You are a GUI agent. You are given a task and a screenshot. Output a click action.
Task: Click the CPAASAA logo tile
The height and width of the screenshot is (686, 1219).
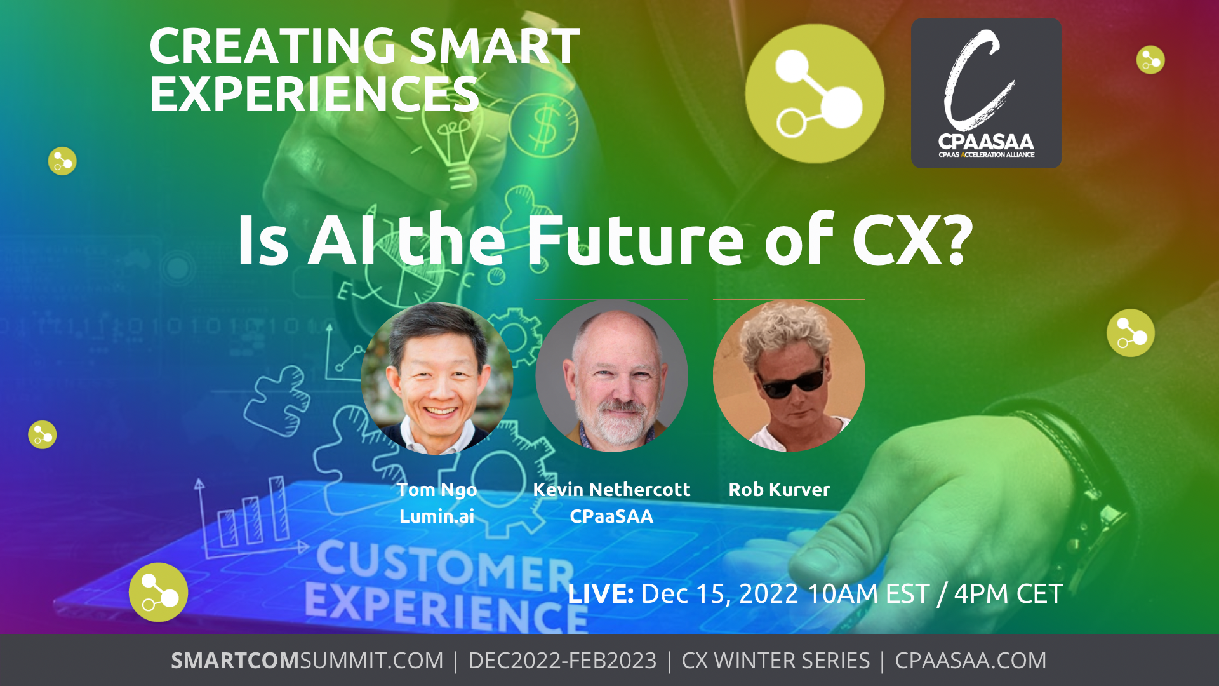[986, 93]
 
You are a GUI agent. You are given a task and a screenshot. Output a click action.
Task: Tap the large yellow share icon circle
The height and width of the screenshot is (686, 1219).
[815, 93]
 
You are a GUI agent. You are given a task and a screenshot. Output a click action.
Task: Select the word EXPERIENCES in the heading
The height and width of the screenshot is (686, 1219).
[314, 94]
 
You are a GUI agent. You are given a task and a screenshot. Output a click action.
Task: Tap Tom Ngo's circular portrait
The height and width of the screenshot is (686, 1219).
[437, 378]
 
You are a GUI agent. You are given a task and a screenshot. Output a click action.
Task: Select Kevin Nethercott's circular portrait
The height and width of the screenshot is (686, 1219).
[611, 375]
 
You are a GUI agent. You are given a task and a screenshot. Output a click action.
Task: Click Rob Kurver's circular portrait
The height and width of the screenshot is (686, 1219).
[789, 375]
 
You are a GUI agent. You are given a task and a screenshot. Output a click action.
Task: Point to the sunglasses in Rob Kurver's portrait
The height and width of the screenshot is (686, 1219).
[791, 380]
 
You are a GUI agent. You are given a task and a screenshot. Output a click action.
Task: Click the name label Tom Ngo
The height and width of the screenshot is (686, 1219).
[437, 490]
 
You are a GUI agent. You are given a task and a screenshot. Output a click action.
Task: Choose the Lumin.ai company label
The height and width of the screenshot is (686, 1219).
[437, 516]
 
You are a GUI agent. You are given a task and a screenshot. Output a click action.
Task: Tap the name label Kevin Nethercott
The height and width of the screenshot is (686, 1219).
[611, 489]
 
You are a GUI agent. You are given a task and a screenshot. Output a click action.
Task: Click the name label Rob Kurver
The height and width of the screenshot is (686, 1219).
[779, 489]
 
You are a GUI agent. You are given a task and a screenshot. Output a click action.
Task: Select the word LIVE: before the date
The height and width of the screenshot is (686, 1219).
[601, 593]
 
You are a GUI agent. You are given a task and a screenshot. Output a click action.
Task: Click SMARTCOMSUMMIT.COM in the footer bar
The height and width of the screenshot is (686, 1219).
[307, 661]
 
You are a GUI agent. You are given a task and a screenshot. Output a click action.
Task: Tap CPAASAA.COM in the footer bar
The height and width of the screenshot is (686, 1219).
[970, 661]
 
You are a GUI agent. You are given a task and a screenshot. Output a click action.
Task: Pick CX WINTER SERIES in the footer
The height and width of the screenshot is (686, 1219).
[775, 661]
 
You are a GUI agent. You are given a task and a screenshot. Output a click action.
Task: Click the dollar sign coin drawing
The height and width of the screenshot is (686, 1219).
[544, 125]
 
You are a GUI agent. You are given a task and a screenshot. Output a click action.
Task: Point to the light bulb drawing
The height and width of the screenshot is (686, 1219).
[454, 143]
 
